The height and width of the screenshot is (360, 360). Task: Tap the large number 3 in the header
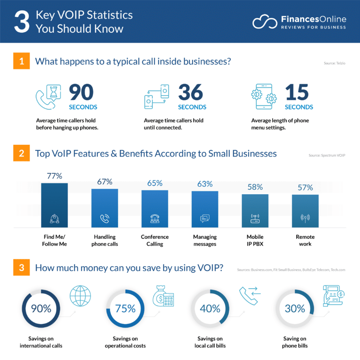[22, 22]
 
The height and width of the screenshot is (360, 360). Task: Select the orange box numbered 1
[22, 61]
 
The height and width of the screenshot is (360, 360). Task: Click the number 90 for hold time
[82, 93]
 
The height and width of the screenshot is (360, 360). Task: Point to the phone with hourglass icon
[48, 97]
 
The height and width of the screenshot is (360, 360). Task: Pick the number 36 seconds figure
[190, 93]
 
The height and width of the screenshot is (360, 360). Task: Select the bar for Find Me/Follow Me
[54, 205]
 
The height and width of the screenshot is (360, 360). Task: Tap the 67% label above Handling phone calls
[105, 182]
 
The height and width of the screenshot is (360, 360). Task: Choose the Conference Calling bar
[155, 209]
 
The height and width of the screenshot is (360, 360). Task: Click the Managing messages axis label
[205, 240]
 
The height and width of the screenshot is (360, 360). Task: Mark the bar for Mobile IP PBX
[255, 210]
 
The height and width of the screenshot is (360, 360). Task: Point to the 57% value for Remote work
[305, 187]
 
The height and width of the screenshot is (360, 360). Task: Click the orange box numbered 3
[22, 269]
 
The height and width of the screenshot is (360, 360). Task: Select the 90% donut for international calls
[41, 308]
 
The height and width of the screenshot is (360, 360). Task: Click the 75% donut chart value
[125, 308]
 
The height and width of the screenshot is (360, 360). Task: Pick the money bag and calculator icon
[163, 297]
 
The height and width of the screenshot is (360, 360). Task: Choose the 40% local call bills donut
[210, 308]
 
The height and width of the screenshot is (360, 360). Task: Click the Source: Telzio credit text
[334, 63]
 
